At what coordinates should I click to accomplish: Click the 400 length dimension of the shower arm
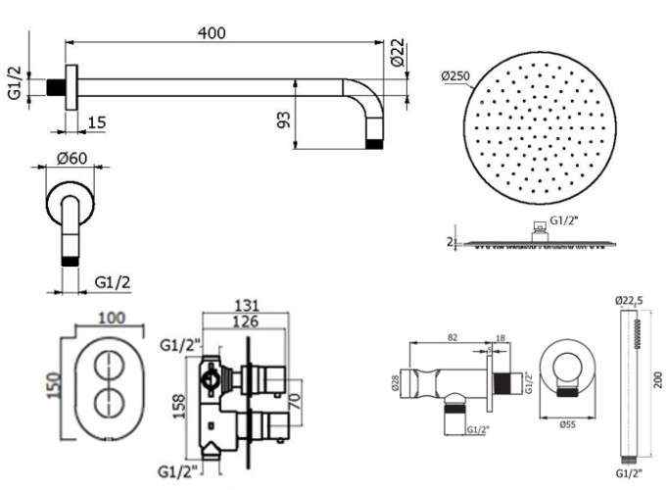(211, 32)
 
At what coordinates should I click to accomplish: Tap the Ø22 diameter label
(397, 54)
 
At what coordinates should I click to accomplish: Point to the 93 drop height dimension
(284, 121)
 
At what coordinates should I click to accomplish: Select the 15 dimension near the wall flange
(96, 122)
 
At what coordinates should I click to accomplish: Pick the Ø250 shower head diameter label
(458, 75)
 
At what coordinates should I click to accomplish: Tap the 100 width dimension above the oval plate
(110, 318)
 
